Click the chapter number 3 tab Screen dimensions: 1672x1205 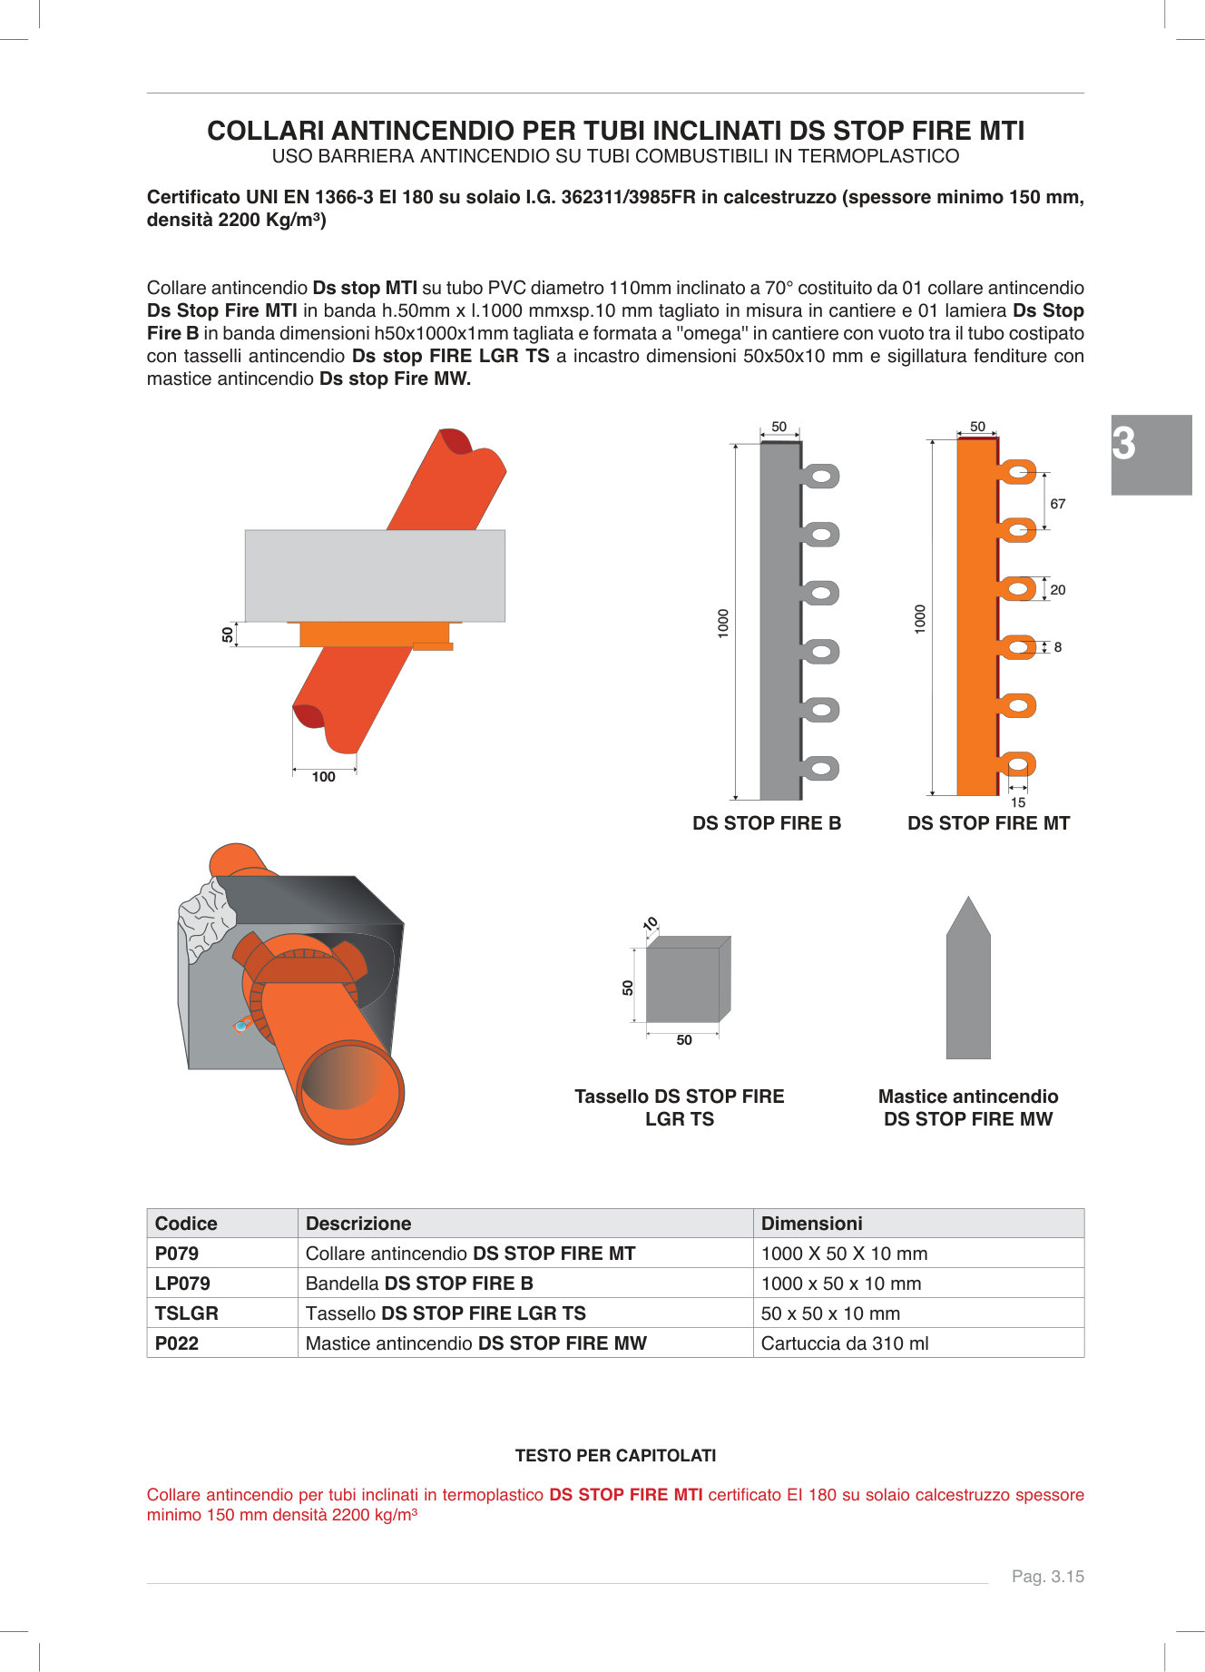(1151, 455)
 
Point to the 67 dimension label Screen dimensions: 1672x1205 (1058, 504)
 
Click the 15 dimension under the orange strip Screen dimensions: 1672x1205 (1018, 802)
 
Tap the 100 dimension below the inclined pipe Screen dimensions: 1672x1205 (324, 777)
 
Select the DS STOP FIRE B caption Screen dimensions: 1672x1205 (767, 823)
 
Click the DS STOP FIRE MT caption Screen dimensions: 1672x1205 (988, 823)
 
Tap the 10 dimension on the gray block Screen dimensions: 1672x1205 (651, 924)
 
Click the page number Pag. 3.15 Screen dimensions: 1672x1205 (1048, 1577)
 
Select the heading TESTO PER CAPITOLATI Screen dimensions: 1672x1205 (615, 1456)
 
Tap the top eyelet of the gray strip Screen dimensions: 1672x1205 (822, 476)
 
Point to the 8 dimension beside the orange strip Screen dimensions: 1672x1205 (1058, 647)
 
